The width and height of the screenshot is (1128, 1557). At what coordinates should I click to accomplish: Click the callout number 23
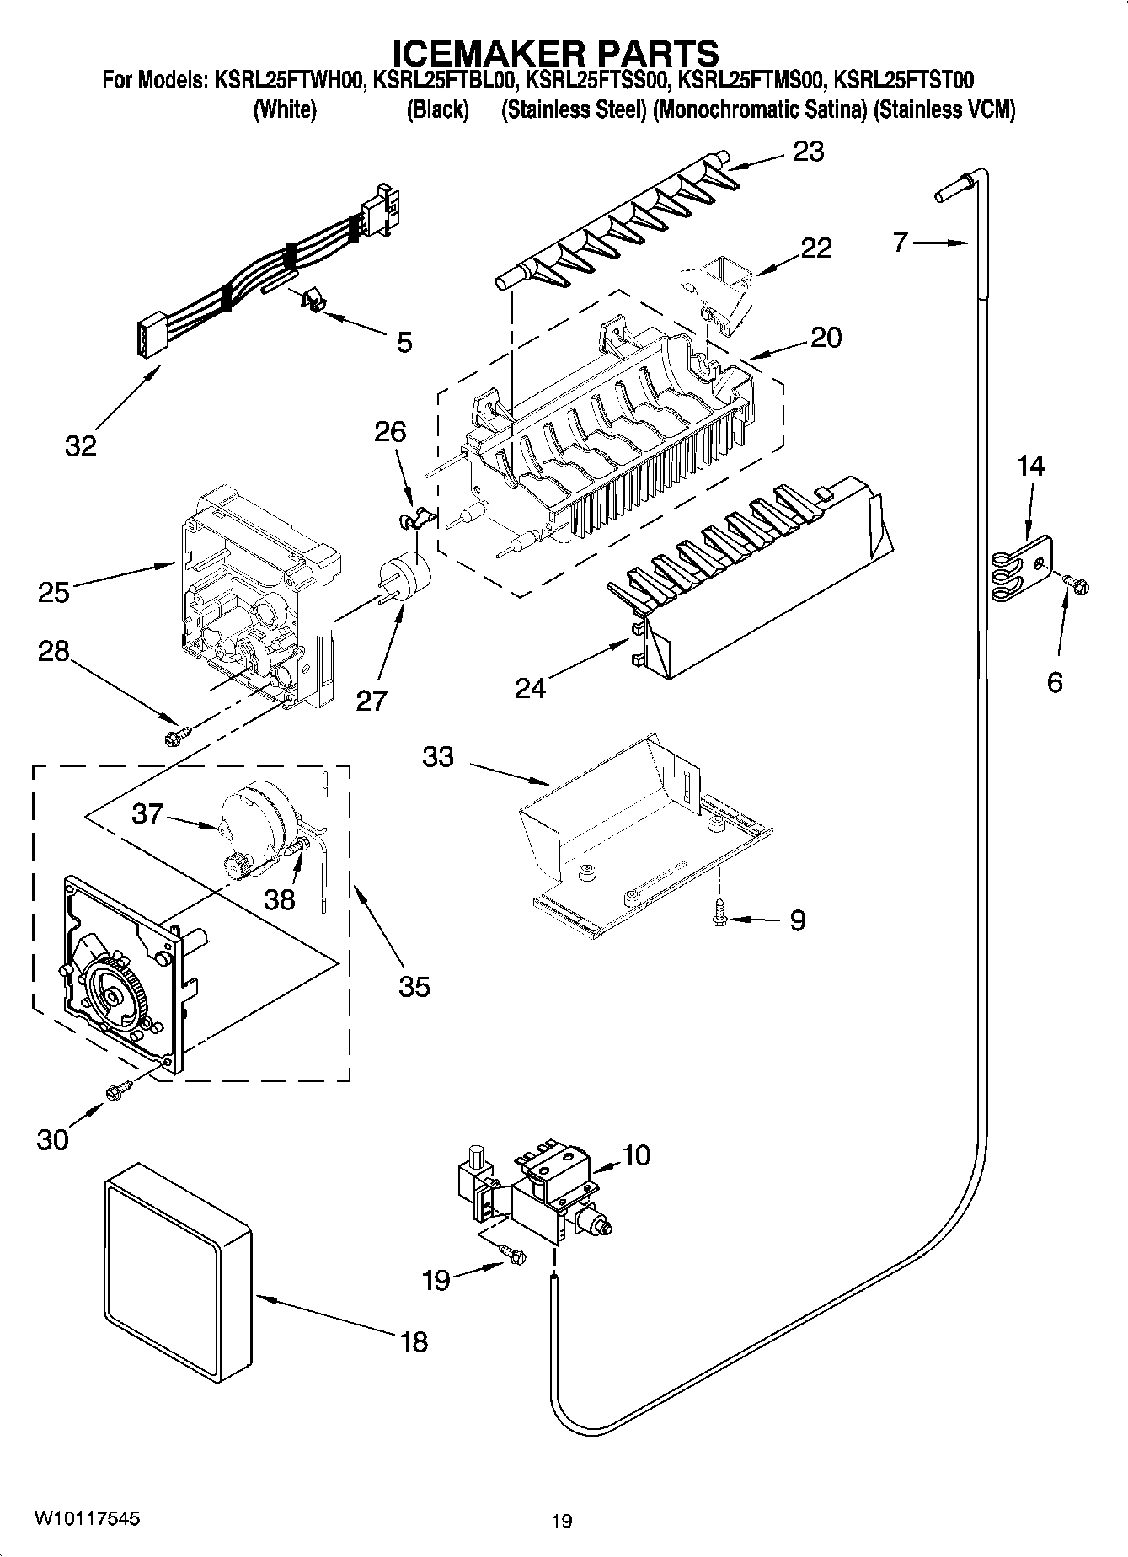pyautogui.click(x=808, y=152)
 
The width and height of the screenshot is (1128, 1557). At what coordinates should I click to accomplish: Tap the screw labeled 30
pyautogui.click(x=115, y=1091)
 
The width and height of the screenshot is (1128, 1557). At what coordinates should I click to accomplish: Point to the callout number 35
pyautogui.click(x=414, y=986)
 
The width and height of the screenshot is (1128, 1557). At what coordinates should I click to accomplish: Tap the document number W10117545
pyautogui.click(x=87, y=1519)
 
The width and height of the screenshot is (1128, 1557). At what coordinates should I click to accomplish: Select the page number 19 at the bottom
pyautogui.click(x=562, y=1521)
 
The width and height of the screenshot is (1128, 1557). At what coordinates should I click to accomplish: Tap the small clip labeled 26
pyautogui.click(x=413, y=518)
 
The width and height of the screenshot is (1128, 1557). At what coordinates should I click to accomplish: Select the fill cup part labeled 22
pyautogui.click(x=721, y=291)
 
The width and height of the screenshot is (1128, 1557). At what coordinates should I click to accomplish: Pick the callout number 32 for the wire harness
pyautogui.click(x=82, y=446)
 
